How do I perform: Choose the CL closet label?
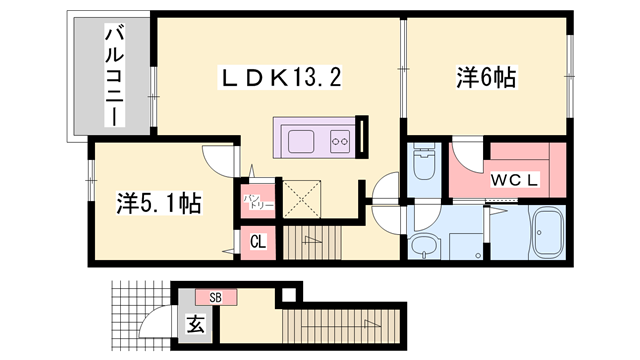[x=257, y=241]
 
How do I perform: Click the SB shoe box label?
[x=215, y=297]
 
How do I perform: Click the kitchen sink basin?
[x=301, y=140]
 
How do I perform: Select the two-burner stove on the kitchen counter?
[x=338, y=141]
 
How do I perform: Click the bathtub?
[x=547, y=235]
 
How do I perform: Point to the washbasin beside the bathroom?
[x=426, y=245]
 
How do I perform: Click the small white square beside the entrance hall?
[x=289, y=294]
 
